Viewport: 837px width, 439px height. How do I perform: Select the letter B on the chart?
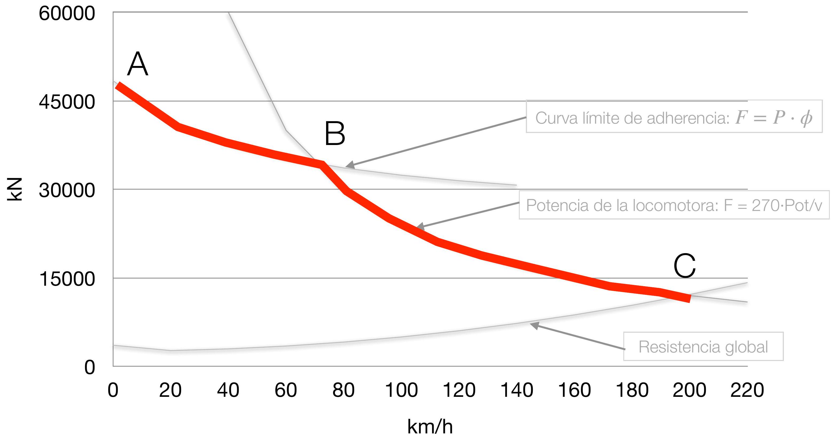(x=335, y=134)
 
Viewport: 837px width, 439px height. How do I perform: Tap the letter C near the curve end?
(x=685, y=266)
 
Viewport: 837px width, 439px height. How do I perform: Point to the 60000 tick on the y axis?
(x=67, y=14)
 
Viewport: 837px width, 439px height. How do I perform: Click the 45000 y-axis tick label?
(x=67, y=102)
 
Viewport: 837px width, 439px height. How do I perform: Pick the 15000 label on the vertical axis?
(x=67, y=279)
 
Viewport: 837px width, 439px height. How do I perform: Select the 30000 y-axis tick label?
(x=67, y=190)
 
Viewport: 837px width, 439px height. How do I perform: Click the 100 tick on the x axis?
(x=401, y=390)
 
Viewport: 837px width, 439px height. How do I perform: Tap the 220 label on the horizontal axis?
(x=747, y=390)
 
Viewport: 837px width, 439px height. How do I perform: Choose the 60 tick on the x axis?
(x=285, y=390)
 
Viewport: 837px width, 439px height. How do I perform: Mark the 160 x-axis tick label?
(x=574, y=390)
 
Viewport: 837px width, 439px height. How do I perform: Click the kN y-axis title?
(x=15, y=189)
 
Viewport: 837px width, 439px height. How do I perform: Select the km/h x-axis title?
(x=430, y=427)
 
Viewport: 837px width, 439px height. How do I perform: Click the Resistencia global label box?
(x=703, y=347)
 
